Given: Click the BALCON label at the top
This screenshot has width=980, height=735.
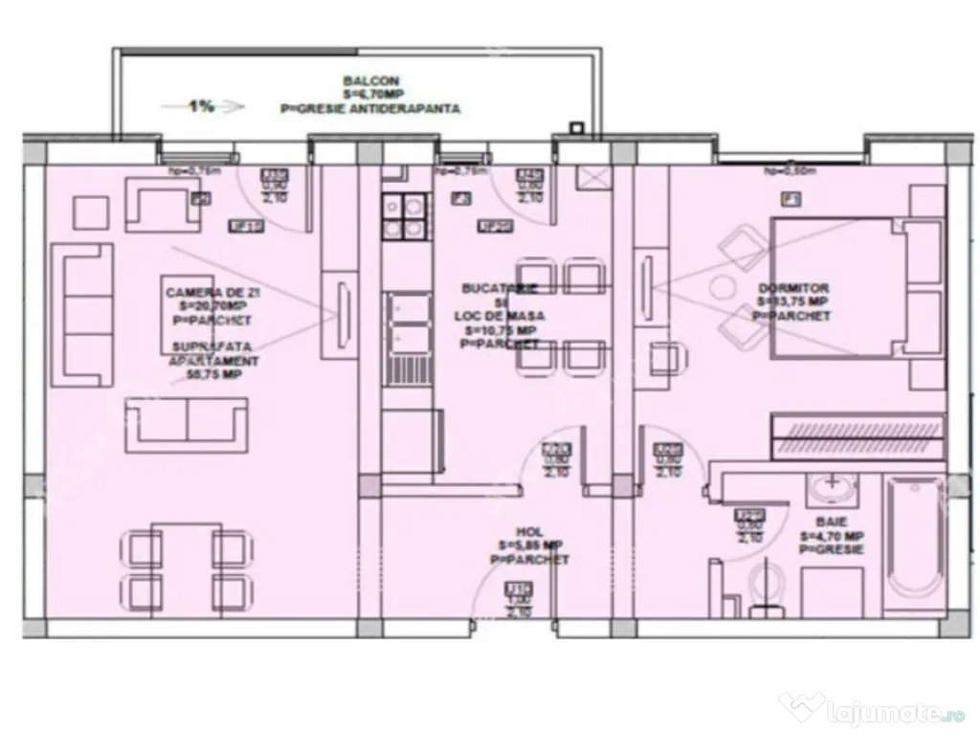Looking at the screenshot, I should point(359,81).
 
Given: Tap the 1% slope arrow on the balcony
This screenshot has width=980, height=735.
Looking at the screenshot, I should point(203,107).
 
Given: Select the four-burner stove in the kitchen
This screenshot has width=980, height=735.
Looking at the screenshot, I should point(403,217).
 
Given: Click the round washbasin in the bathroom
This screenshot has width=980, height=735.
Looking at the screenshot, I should point(831,488).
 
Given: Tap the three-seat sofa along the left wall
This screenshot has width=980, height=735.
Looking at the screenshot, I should point(83,313).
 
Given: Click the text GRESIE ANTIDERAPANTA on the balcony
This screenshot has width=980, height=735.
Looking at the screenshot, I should point(370,109).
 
